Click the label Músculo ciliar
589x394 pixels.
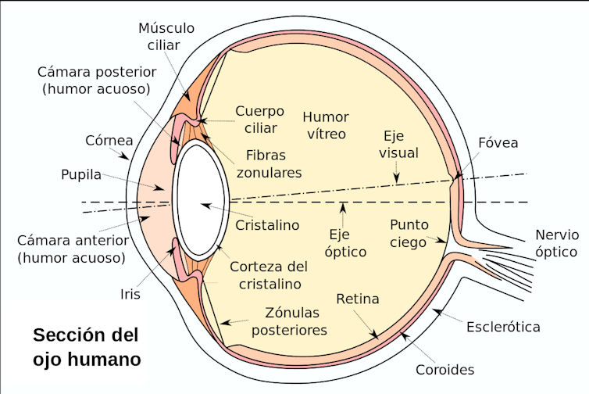[x=166, y=37]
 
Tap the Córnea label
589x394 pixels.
[x=108, y=141]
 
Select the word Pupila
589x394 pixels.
[x=81, y=174]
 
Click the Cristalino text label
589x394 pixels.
[x=268, y=225]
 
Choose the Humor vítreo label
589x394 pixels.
[x=325, y=125]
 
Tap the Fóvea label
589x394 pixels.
[x=498, y=143]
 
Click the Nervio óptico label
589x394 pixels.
[x=557, y=243]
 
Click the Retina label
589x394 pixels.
[x=357, y=299]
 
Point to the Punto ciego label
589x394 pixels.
[x=409, y=233]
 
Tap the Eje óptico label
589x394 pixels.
[x=345, y=243]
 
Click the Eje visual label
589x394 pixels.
[x=398, y=143]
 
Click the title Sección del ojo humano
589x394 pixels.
[x=86, y=348]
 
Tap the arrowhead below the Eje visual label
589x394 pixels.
[x=398, y=180]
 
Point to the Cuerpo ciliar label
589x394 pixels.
[x=259, y=119]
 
